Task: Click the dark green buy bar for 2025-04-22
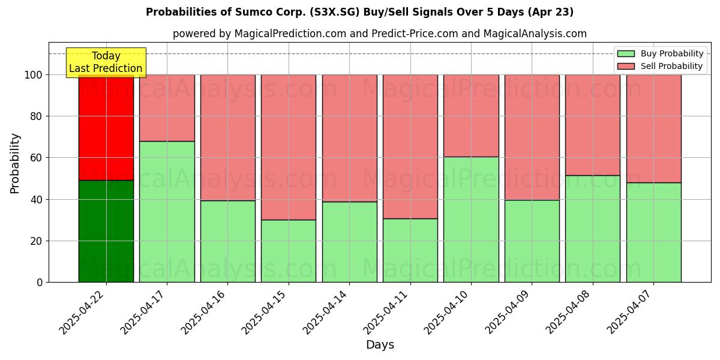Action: pos(106,231)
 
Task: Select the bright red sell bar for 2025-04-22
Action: pos(106,127)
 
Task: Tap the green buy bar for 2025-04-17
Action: pos(167,211)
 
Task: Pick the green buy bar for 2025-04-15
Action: pos(289,251)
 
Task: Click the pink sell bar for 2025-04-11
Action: pos(410,146)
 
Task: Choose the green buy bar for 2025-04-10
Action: pos(471,219)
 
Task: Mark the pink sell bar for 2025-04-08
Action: pos(593,125)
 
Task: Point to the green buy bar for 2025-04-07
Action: pos(653,232)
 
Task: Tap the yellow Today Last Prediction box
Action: pos(106,62)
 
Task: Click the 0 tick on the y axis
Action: pos(40,283)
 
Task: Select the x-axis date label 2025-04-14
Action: pos(328,311)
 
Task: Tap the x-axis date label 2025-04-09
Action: pos(510,311)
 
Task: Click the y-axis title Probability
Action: pos(15,163)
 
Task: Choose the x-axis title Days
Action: pos(380,345)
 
